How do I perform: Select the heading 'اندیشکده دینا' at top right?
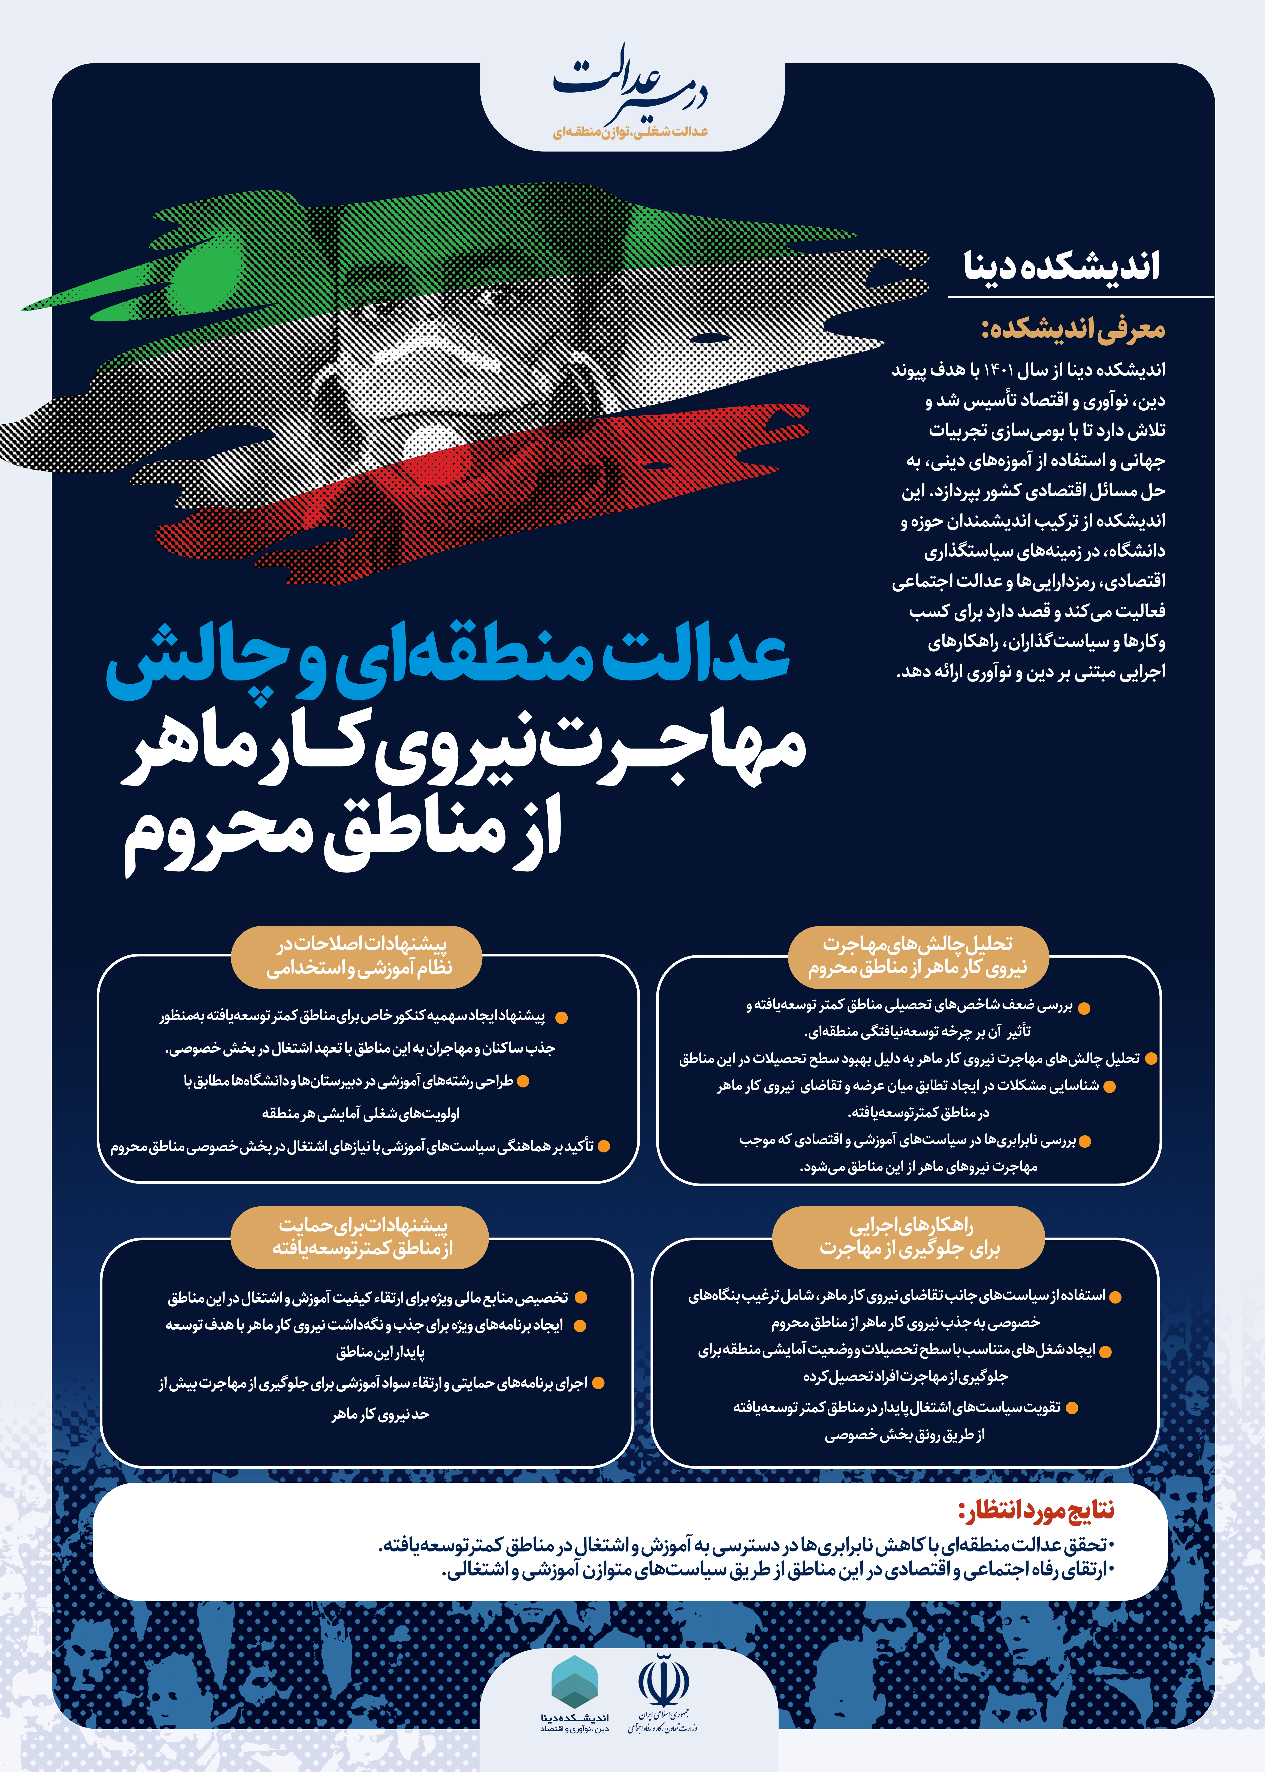[x=1062, y=266]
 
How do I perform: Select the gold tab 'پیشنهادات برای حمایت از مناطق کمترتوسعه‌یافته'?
[x=361, y=1237]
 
